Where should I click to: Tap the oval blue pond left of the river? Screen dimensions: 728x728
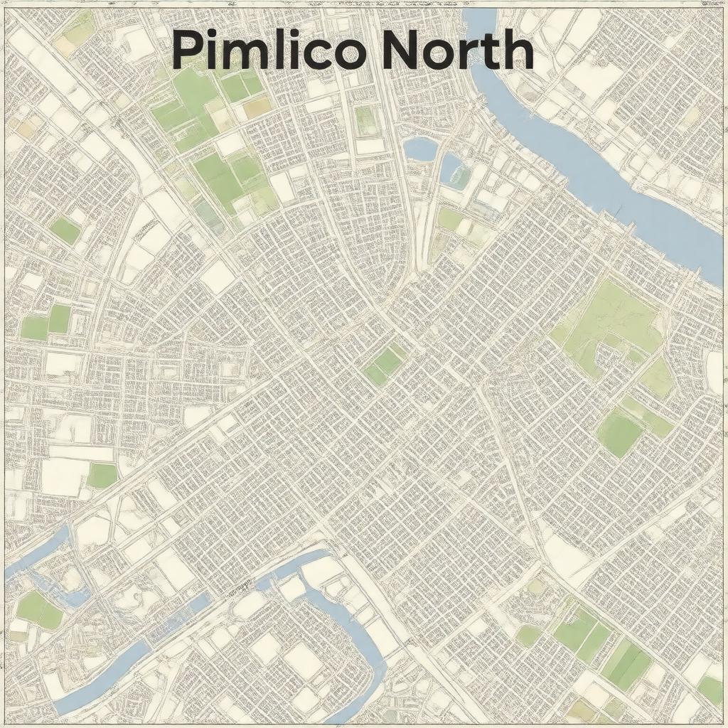(x=420, y=149)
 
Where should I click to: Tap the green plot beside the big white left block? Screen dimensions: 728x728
(x=102, y=476)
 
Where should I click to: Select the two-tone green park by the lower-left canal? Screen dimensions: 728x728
(x=39, y=609)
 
